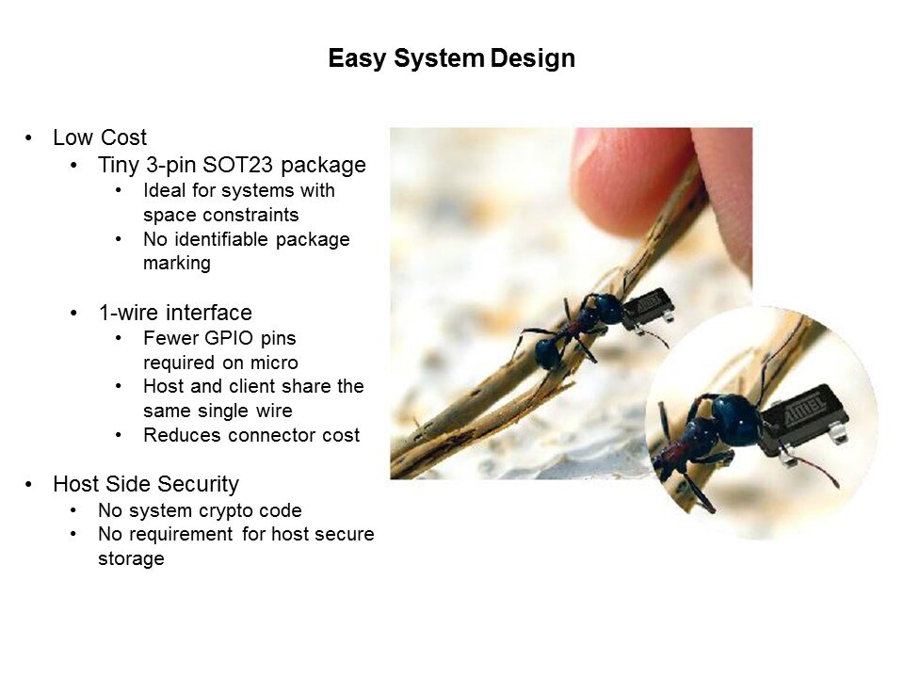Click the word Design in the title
(x=533, y=59)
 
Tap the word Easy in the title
(x=357, y=59)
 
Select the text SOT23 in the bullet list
(x=237, y=165)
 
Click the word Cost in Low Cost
(x=124, y=137)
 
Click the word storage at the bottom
(x=131, y=558)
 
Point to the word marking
(x=177, y=264)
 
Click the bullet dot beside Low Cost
(x=28, y=138)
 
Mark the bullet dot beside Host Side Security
(x=28, y=485)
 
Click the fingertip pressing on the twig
(x=630, y=179)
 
